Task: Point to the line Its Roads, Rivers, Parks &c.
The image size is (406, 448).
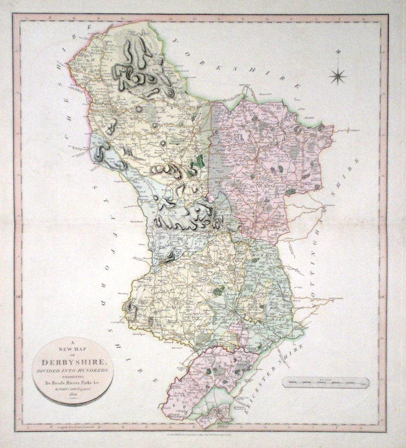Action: [x=73, y=383]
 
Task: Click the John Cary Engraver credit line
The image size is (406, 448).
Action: [x=73, y=389]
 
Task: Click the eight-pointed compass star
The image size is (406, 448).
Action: [x=337, y=75]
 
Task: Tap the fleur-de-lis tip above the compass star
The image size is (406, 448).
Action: [x=337, y=53]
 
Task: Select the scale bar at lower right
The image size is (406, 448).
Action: [x=326, y=383]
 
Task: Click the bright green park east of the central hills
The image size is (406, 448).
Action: [x=200, y=162]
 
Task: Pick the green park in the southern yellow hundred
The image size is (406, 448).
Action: [x=218, y=290]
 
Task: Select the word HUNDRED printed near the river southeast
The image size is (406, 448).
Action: [x=274, y=320]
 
